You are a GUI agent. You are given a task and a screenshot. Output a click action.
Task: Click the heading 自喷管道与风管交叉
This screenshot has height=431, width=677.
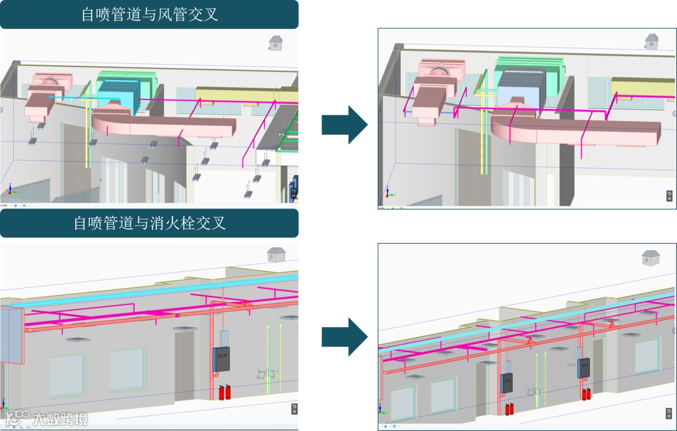tap(149, 14)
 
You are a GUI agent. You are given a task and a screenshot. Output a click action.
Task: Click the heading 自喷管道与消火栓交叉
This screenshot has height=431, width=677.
tap(149, 223)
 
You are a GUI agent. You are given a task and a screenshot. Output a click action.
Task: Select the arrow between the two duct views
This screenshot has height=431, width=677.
tap(344, 125)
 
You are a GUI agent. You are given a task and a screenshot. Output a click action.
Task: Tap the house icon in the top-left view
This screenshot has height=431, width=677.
tap(276, 43)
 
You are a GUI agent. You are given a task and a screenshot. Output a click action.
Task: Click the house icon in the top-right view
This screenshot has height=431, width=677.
tap(652, 41)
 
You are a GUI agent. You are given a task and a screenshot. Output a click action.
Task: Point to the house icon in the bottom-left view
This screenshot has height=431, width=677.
tap(275, 254)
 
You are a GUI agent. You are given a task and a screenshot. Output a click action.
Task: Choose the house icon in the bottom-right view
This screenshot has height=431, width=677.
tap(651, 257)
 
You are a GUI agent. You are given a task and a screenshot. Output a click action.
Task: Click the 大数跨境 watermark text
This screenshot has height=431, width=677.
tap(60, 418)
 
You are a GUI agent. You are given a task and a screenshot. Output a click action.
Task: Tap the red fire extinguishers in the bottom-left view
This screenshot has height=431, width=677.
tap(222, 393)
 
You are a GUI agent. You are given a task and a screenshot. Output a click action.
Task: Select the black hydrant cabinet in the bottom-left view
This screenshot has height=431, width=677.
tap(221, 360)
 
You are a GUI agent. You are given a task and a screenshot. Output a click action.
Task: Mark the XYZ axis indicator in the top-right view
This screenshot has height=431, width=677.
tap(389, 193)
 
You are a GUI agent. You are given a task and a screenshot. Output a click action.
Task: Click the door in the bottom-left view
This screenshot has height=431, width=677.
tap(185, 367)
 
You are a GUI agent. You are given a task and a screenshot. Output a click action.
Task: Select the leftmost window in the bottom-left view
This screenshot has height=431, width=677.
tap(67, 376)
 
